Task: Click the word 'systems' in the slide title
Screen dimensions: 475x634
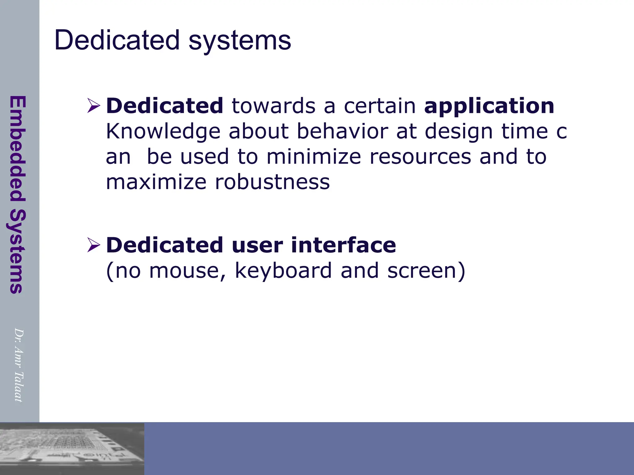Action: [240, 41]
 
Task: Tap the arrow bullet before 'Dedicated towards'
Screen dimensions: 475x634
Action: [93, 105]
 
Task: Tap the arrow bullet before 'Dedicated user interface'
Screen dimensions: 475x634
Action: [93, 245]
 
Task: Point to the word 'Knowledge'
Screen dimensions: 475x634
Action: [163, 132]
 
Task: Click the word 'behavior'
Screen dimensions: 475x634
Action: [342, 131]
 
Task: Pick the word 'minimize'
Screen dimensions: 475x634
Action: [313, 156]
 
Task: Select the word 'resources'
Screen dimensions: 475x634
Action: [420, 157]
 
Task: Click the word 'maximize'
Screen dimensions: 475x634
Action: [156, 182]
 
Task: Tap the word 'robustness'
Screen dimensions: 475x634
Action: [272, 182]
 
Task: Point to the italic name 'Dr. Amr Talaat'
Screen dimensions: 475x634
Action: [19, 365]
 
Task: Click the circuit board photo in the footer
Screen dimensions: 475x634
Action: [72, 448]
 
